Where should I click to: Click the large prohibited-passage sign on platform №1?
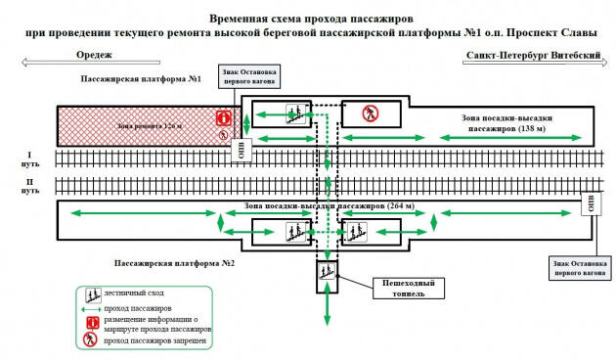point(370,113)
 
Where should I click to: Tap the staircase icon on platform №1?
point(291,112)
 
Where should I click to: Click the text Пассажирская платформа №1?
point(141,78)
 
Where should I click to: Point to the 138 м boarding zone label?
point(506,122)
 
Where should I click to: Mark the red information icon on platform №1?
point(223,118)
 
